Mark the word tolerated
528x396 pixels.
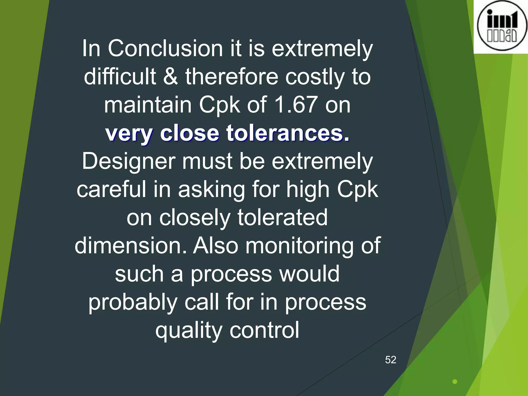point(282,217)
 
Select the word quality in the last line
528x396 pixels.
point(188,331)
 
